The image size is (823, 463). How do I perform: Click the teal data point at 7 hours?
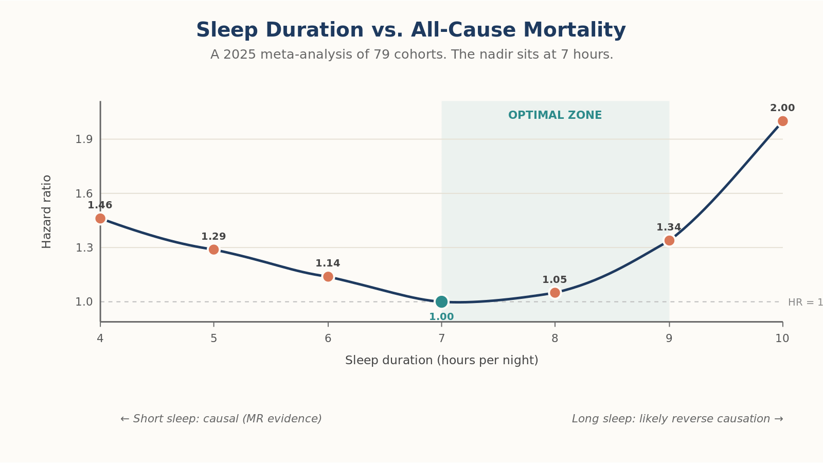pyautogui.click(x=441, y=301)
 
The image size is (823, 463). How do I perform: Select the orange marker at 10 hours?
pyautogui.click(x=782, y=121)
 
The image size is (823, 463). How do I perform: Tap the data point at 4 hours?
pyautogui.click(x=100, y=219)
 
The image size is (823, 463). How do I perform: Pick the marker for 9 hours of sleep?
pyautogui.click(x=669, y=240)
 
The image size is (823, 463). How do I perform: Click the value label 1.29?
pyautogui.click(x=213, y=237)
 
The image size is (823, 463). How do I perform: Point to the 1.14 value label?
pyautogui.click(x=328, y=263)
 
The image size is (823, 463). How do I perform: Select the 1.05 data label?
pyautogui.click(x=555, y=280)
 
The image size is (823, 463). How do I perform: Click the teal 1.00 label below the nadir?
pyautogui.click(x=441, y=317)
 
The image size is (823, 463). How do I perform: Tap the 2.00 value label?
pyautogui.click(x=782, y=108)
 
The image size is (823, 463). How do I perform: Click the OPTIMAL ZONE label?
pyautogui.click(x=555, y=115)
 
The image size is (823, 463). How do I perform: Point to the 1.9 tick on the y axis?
pyautogui.click(x=84, y=139)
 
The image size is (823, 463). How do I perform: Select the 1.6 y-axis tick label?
pyautogui.click(x=84, y=193)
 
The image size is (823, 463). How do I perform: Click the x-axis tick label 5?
pyautogui.click(x=213, y=339)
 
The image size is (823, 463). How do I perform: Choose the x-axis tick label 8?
pyautogui.click(x=555, y=339)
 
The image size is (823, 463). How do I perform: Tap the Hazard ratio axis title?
pyautogui.click(x=46, y=211)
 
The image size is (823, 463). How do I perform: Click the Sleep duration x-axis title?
pyautogui.click(x=442, y=360)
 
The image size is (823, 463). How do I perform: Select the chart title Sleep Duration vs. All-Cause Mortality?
pyautogui.click(x=411, y=30)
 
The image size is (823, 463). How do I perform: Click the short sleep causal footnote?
pyautogui.click(x=221, y=419)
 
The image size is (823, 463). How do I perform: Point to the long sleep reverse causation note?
pyautogui.click(x=677, y=419)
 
